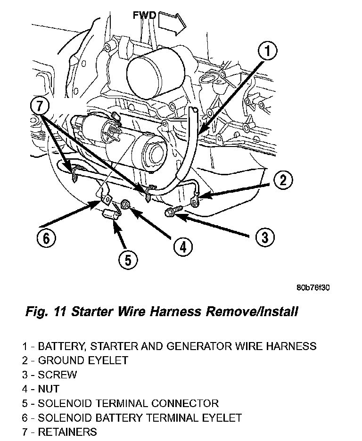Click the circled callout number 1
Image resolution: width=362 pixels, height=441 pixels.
(x=267, y=51)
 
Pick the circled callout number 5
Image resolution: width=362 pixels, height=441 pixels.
(x=128, y=259)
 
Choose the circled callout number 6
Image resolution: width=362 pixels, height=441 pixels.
(x=46, y=238)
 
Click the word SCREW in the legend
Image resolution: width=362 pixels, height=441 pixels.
(x=57, y=375)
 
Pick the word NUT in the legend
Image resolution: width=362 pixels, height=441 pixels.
(x=49, y=389)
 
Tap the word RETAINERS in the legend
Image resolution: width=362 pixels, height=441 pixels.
(x=67, y=432)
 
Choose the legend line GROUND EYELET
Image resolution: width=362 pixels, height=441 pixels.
(x=82, y=361)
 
